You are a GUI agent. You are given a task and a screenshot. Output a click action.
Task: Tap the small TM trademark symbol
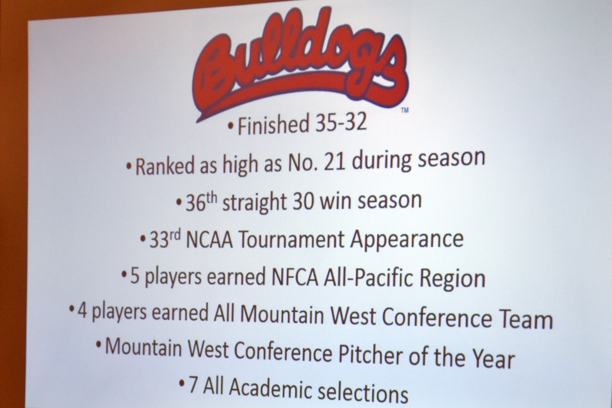click(x=405, y=110)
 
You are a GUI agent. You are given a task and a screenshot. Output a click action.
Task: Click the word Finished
click(x=273, y=126)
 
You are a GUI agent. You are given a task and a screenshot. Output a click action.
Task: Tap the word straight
click(x=254, y=203)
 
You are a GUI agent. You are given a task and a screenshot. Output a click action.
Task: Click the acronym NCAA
click(x=209, y=240)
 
